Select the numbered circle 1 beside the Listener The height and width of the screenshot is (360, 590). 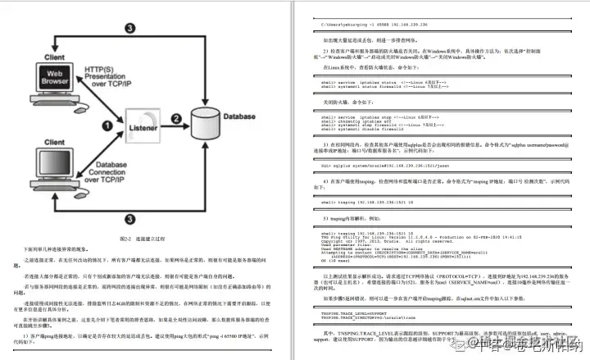(x=105, y=125)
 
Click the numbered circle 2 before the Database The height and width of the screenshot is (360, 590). (x=175, y=117)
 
